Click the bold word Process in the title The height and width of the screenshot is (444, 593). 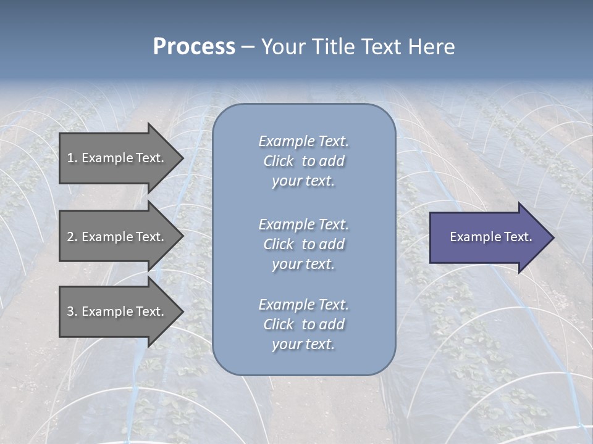194,47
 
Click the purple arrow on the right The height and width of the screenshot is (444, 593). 488,237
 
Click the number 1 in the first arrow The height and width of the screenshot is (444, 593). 70,158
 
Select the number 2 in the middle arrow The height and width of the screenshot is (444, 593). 70,237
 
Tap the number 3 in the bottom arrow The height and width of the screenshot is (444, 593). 70,311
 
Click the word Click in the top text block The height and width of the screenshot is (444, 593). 279,161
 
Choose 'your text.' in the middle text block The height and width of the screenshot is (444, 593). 303,264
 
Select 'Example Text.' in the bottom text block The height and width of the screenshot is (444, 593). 303,305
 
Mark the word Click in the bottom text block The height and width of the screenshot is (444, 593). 279,324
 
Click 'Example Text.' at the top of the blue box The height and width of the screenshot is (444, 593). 303,141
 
